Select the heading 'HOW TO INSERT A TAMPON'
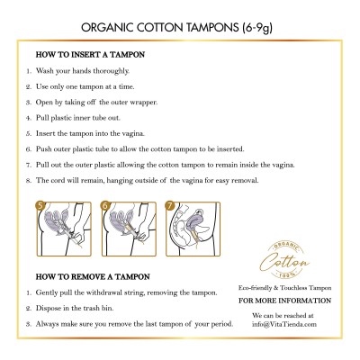tap(89, 55)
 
